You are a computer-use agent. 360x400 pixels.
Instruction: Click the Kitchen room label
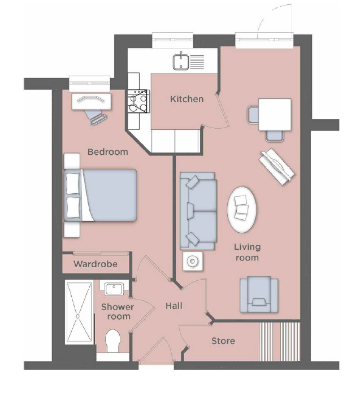186,99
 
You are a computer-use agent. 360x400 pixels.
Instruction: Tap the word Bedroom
108,152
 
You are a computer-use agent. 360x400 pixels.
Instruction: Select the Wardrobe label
96,264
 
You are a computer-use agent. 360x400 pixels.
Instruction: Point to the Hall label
174,306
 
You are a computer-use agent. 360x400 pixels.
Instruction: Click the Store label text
223,341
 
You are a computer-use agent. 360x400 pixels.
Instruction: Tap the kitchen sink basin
181,62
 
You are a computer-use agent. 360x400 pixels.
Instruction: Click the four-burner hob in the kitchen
138,101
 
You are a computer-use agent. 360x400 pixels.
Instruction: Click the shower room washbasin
114,289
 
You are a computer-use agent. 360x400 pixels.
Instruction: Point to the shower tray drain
77,316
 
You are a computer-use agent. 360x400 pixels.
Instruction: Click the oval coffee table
242,210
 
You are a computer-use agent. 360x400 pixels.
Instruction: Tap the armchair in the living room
259,294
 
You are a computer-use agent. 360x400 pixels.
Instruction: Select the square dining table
275,115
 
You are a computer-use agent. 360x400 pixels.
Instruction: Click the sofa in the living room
198,211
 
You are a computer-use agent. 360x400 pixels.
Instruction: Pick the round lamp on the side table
193,261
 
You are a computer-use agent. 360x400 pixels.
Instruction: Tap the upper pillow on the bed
73,184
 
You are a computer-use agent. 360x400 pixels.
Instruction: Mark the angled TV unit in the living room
277,166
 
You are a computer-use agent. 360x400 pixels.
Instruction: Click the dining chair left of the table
253,115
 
